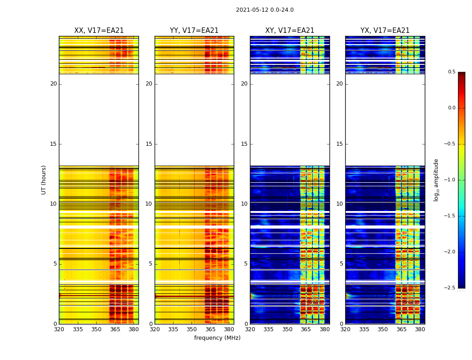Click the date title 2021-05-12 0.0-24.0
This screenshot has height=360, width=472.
pos(265,10)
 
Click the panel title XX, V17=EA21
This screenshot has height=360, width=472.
pos(99,31)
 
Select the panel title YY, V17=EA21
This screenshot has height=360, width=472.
pos(194,31)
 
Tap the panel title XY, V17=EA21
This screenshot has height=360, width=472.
pos(289,31)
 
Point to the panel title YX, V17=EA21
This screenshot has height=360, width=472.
pos(385,31)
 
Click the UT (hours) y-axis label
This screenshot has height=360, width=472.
pos(44,180)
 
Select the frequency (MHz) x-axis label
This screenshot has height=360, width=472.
pos(217,338)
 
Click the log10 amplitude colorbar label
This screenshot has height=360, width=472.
pos(436,180)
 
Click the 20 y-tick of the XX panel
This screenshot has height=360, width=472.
pos(53,84)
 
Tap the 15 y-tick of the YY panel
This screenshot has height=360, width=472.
pos(149,144)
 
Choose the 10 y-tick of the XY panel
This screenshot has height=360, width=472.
pos(244,204)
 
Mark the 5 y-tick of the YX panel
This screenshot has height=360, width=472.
pos(341,264)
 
